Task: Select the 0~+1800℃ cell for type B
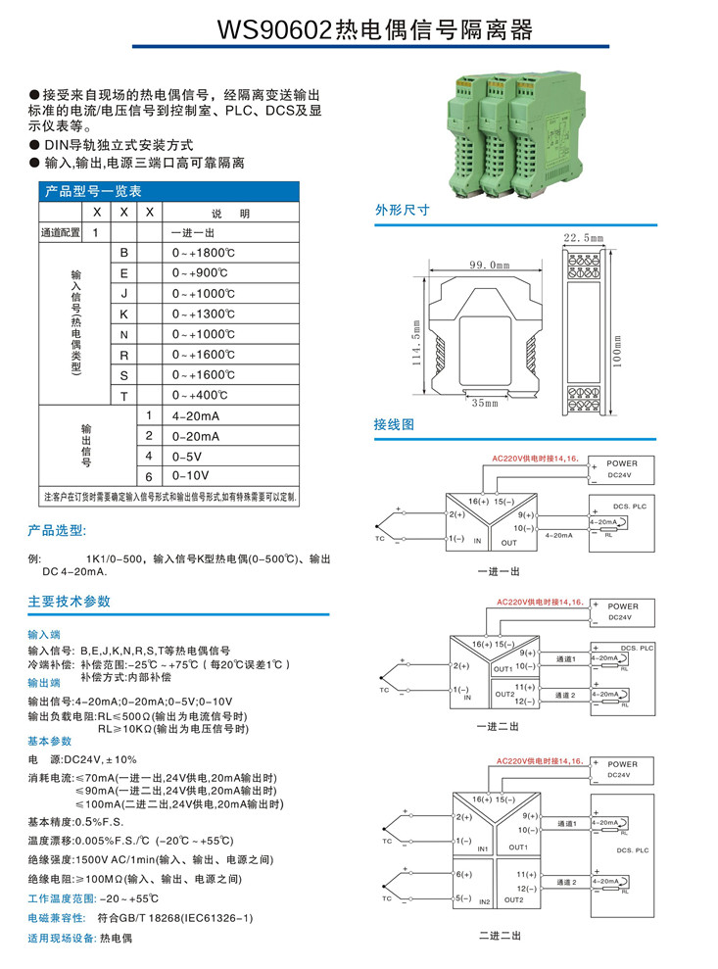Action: pos(204,253)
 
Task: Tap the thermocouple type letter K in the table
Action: pos(123,314)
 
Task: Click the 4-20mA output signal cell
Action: pos(196,415)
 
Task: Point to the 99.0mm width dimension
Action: pos(490,266)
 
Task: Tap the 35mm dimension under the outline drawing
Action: pos(484,402)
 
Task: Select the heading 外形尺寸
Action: pos(402,210)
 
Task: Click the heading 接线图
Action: pos(395,424)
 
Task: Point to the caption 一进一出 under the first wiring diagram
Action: pos(499,571)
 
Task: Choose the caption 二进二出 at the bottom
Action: pos(500,936)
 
